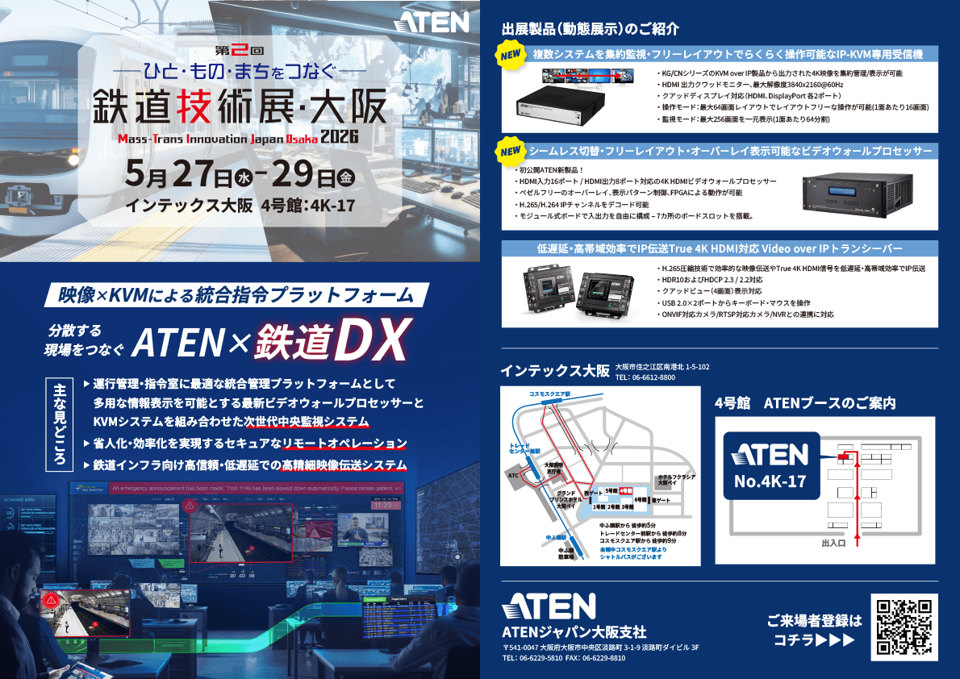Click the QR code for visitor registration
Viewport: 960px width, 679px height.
pos(904,627)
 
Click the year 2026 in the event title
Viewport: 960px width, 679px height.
pos(339,137)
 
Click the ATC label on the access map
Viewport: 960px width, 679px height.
pos(512,476)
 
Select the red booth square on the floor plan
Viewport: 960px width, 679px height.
pos(844,456)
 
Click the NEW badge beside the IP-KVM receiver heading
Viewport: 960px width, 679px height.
pos(511,57)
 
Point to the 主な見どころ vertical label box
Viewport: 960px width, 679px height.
pos(58,424)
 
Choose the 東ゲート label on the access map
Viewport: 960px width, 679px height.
pos(661,500)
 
